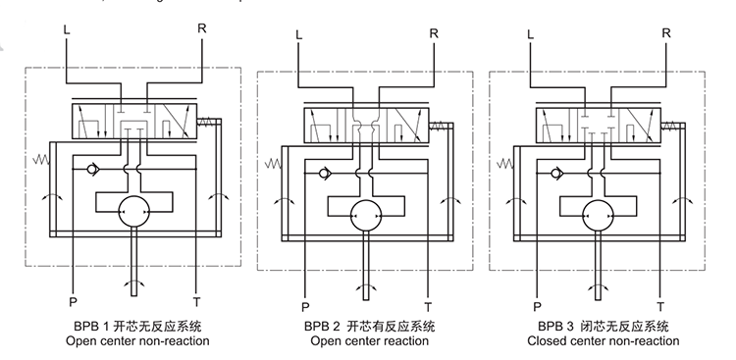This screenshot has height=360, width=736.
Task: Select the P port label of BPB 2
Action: coord(306,306)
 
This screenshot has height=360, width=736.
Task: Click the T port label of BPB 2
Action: coord(427,306)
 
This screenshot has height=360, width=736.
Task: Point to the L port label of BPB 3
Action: coord(531,33)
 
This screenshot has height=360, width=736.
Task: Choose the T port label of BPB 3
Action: coord(659,306)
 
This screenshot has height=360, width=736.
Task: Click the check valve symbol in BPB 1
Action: coord(90,169)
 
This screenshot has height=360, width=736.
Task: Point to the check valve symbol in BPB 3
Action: coord(555,175)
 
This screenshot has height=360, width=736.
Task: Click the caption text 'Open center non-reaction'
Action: coord(137,341)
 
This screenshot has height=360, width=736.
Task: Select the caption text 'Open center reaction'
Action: coord(369,341)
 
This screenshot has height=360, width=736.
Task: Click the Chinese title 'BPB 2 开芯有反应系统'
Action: coord(369,326)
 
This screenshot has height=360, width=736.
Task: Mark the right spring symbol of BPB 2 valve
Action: coord(441,125)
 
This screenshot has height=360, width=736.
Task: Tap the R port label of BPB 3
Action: coord(666,33)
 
